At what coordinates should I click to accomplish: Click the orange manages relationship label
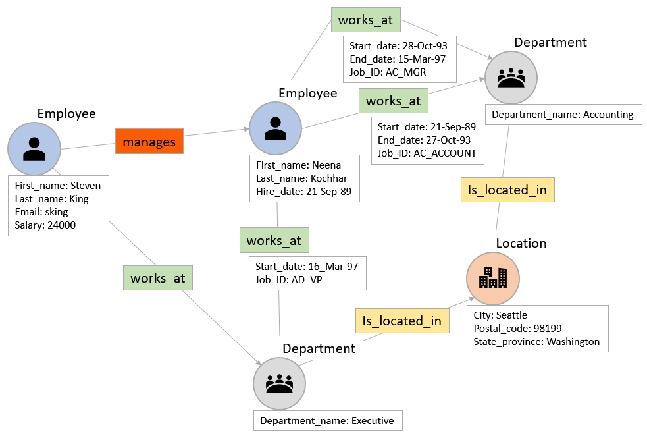click(149, 141)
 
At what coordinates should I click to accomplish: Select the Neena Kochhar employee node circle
click(275, 128)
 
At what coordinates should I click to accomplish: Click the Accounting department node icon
click(511, 78)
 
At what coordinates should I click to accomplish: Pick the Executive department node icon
click(279, 384)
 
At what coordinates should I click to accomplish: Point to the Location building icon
click(493, 277)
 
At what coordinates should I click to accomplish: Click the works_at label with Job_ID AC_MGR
click(365, 20)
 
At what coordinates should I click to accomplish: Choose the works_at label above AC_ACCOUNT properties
click(393, 101)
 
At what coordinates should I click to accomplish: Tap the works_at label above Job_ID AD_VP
click(274, 240)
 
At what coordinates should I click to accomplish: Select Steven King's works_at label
click(158, 278)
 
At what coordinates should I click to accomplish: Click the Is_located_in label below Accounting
click(507, 190)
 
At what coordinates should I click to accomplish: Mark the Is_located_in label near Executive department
click(402, 321)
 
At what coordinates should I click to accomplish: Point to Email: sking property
click(41, 212)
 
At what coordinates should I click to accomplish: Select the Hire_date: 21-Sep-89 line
click(303, 192)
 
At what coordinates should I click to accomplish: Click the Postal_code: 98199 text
click(517, 328)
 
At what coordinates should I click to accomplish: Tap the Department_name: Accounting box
click(562, 115)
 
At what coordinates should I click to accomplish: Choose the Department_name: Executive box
click(326, 421)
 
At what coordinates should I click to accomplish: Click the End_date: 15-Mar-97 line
click(398, 59)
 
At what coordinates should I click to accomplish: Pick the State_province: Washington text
click(536, 341)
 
